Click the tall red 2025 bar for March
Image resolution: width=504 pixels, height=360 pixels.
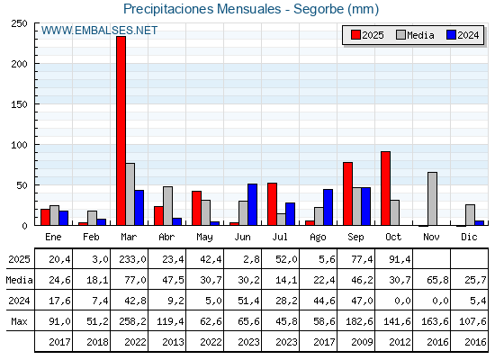tap(121, 131)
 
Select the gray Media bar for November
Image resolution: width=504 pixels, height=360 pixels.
tap(432, 199)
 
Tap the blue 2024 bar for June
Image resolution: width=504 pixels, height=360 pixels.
tap(252, 205)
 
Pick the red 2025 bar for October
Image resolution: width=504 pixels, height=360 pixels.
tap(385, 189)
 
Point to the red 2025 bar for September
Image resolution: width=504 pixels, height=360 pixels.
tap(347, 194)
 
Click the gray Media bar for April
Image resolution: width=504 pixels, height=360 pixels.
tap(167, 206)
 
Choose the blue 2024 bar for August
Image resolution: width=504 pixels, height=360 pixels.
tap(328, 208)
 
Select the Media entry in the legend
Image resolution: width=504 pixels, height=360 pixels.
tap(415, 35)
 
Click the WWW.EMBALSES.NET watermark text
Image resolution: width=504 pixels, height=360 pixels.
tap(99, 31)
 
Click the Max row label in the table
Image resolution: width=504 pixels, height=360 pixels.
tap(18, 321)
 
